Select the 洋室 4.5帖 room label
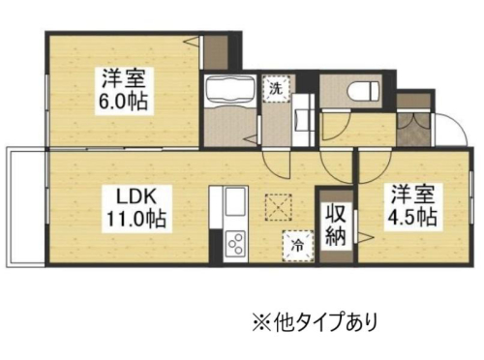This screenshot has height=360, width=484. pyautogui.click(x=412, y=206)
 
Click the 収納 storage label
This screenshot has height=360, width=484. pyautogui.click(x=336, y=225)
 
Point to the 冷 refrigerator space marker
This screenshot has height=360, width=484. pyautogui.click(x=298, y=246)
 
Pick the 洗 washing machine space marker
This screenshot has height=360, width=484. pyautogui.click(x=277, y=88)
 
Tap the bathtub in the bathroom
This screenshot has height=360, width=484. pyautogui.click(x=230, y=91)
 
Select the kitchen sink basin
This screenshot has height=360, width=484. pyautogui.click(x=235, y=202)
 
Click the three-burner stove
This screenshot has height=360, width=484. pyautogui.click(x=235, y=244)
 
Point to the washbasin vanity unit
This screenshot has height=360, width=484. pyautogui.click(x=303, y=120)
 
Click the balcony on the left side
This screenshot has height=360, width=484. pyautogui.click(x=26, y=207)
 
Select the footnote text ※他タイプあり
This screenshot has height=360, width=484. pyautogui.click(x=315, y=320)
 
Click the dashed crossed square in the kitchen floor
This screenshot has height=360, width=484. pyautogui.click(x=278, y=207)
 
